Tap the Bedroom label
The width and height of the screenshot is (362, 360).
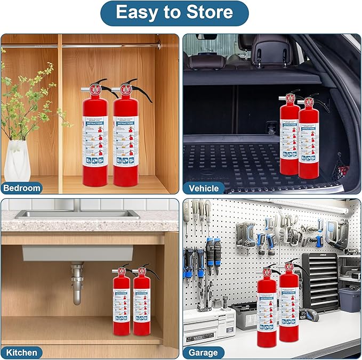(22, 187)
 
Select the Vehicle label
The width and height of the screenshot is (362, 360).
(203, 188)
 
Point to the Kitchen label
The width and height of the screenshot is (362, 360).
(21, 352)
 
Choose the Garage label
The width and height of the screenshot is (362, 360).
(203, 352)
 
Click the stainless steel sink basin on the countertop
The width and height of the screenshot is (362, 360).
(77, 214)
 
